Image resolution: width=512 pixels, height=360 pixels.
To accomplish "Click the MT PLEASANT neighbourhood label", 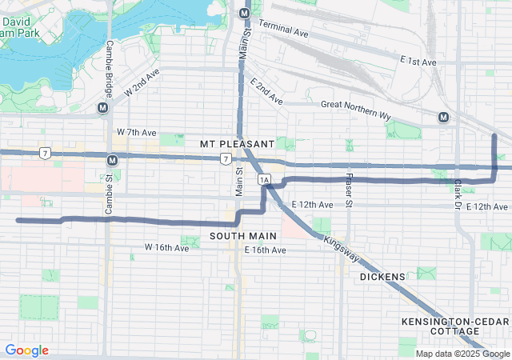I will click(237, 143).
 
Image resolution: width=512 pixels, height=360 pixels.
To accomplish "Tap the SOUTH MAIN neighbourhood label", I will click(243, 236).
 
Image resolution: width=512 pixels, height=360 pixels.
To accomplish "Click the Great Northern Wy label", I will click(355, 109).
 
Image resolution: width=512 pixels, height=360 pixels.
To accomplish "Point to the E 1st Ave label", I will click(418, 62).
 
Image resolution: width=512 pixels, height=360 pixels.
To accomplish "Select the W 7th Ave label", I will click(136, 131).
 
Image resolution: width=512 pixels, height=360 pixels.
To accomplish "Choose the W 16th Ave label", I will click(166, 248).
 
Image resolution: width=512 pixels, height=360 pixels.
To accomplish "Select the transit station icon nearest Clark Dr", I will click(443, 118).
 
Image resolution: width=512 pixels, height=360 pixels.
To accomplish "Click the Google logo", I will click(26, 350).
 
